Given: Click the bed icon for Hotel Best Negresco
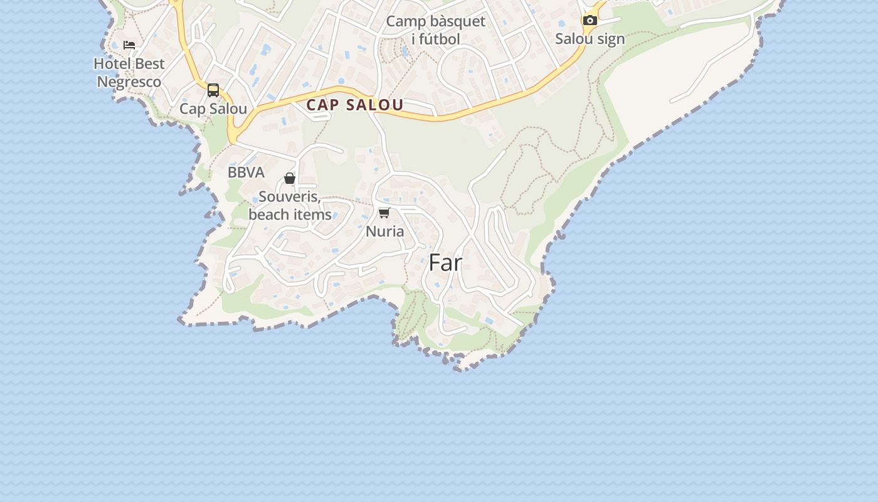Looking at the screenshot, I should coord(129,45).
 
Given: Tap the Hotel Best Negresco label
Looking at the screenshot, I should coord(129,72).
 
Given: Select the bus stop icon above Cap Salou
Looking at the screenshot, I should coord(213,90).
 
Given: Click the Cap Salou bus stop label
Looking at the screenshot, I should coord(213,109).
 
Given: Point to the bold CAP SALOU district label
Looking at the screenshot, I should coord(354,105).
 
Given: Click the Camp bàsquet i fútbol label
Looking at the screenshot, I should coord(435,29).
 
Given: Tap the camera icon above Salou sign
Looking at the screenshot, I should coord(590,20).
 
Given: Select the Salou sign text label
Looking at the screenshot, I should coord(590,39).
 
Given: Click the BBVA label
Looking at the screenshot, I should coord(246,173).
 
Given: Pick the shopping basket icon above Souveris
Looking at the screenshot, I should coord(290,178).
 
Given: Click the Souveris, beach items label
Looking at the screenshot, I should coord(290,205).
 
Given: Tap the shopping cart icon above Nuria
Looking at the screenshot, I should coord(384,213).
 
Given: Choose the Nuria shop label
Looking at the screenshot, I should coord(384,231).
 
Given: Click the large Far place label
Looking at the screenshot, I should coord(445,263).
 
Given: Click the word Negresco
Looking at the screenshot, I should coord(129,82).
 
